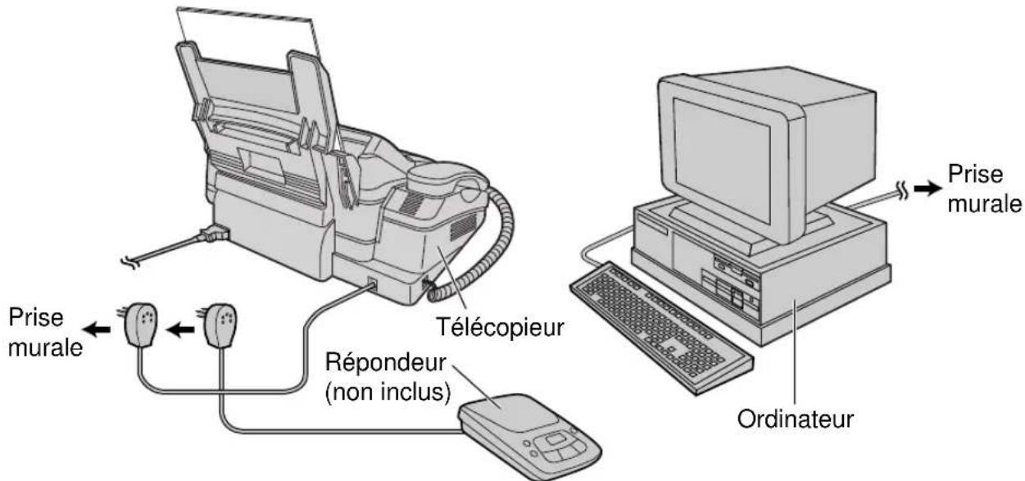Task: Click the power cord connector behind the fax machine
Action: (x=211, y=234)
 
